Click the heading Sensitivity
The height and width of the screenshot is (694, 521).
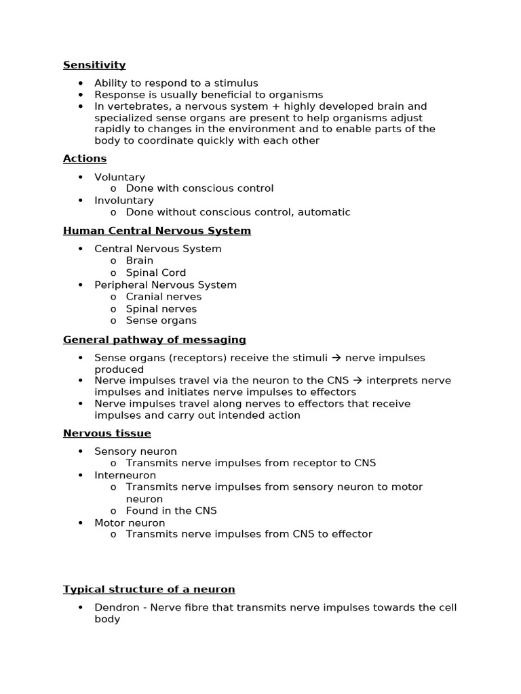point(94,65)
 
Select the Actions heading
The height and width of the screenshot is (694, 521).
point(85,159)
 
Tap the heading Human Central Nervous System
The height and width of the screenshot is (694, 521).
point(157,231)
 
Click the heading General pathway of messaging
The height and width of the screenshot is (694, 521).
point(154,340)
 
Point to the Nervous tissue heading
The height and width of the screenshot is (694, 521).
point(107,433)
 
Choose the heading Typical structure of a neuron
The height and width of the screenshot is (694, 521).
point(149,589)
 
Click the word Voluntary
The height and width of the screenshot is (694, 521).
point(119,177)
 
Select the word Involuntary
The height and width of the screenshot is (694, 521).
point(123,201)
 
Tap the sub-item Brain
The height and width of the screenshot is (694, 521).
point(139,260)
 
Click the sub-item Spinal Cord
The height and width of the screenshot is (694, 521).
point(155,272)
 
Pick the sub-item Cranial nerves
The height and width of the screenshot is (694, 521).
point(163,296)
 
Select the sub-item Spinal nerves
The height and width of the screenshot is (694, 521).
point(161,308)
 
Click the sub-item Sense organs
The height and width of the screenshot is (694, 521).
point(161,321)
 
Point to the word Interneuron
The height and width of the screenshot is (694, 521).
point(125,475)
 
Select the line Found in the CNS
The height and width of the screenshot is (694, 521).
point(171,510)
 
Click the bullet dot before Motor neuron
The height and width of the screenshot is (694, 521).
point(80,523)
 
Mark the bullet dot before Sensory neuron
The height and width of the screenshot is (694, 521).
point(80,451)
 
